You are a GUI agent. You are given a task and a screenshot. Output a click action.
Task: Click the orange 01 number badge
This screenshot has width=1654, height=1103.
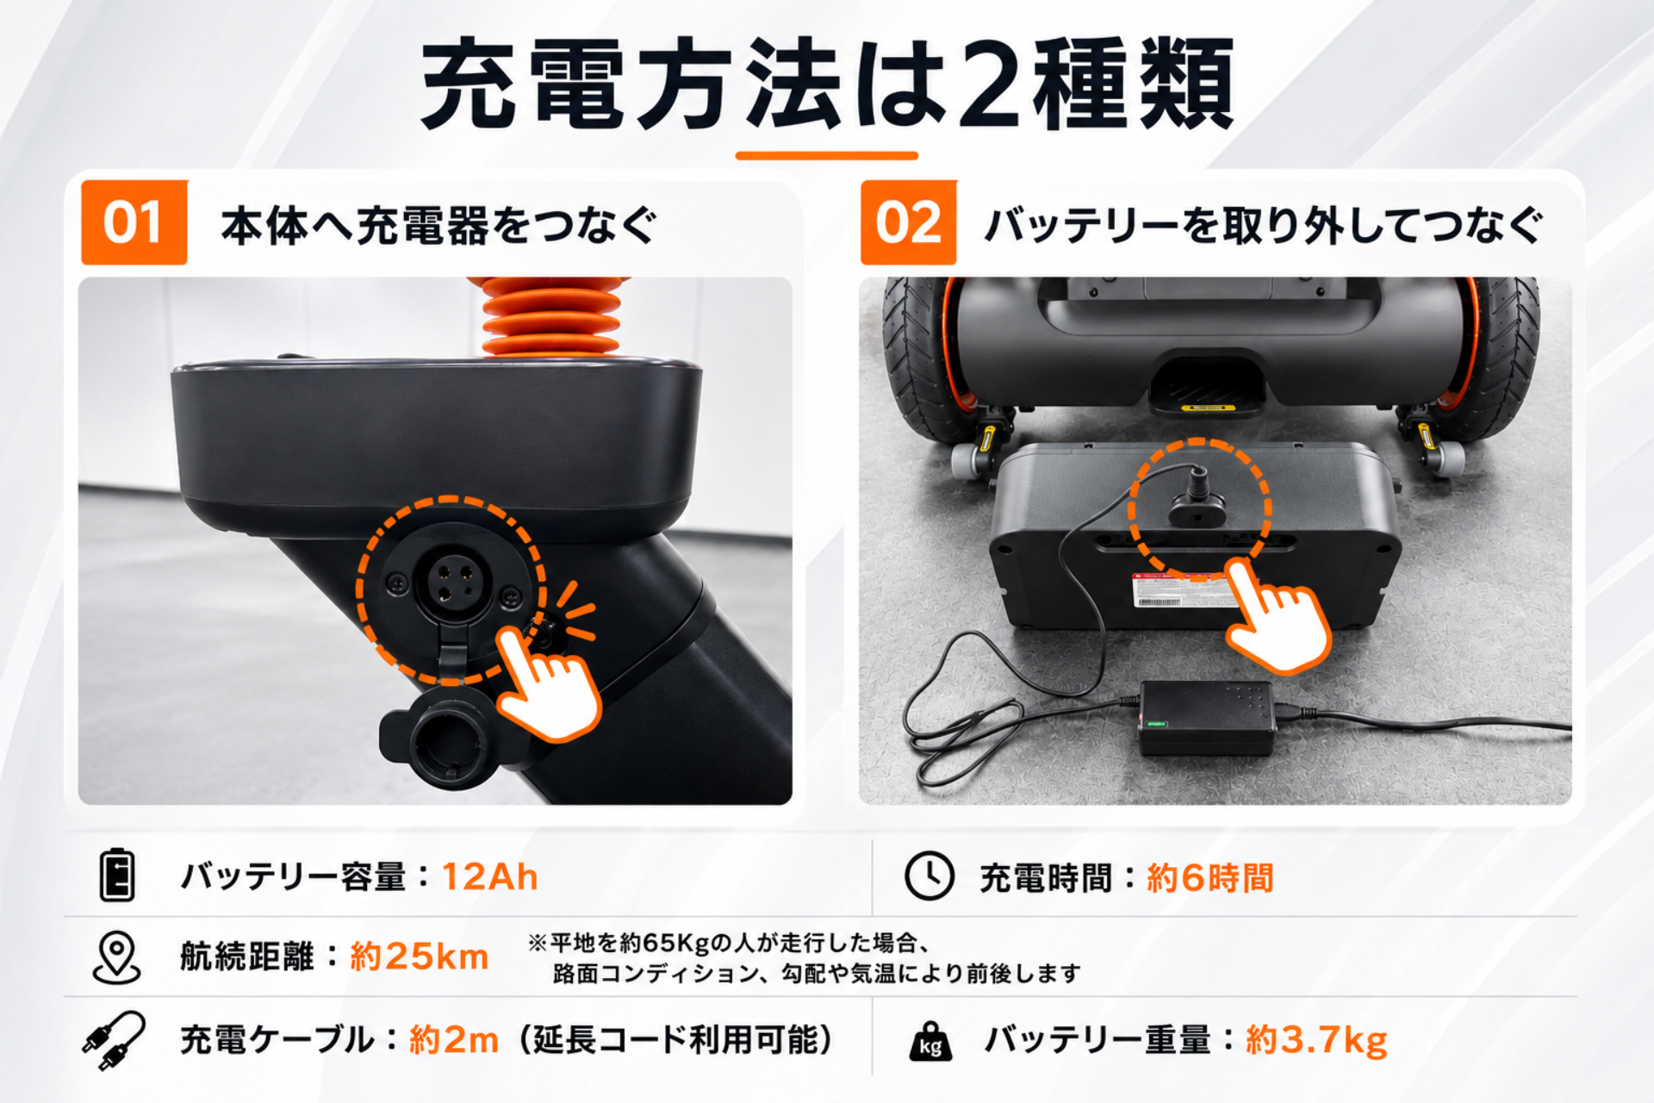click(x=134, y=222)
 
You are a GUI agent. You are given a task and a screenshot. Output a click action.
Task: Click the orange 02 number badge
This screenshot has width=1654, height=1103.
click(x=908, y=222)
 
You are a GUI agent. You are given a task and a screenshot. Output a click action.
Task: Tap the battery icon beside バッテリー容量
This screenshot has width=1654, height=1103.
click(x=117, y=876)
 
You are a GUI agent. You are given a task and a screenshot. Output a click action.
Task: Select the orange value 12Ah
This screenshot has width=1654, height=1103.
click(x=489, y=877)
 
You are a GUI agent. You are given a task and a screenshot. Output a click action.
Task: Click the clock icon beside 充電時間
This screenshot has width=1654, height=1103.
click(x=930, y=876)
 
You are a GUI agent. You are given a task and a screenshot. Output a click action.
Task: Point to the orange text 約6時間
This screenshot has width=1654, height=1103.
click(x=1209, y=878)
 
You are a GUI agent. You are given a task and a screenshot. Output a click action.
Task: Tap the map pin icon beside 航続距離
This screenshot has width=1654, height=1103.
click(x=116, y=957)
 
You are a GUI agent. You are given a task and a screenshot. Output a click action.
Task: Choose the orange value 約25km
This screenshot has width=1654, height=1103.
click(x=420, y=957)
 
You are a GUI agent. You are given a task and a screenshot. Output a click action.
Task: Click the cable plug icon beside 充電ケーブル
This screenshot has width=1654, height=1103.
click(x=114, y=1040)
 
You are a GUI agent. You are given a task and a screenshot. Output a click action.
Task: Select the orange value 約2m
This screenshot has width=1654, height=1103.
click(x=454, y=1040)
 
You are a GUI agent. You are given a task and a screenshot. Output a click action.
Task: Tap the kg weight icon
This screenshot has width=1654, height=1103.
click(x=930, y=1041)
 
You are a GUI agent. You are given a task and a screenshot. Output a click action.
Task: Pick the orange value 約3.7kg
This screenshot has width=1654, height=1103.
click(x=1316, y=1040)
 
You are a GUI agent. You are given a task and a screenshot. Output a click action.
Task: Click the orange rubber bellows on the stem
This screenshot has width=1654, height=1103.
click(x=551, y=316)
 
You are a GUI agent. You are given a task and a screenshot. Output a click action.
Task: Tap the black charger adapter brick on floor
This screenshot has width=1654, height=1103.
click(x=1207, y=717)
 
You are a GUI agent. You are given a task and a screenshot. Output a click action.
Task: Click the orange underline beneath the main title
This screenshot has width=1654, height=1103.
click(x=827, y=156)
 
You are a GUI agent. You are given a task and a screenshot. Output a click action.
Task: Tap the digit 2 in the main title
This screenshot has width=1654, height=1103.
click(x=991, y=85)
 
